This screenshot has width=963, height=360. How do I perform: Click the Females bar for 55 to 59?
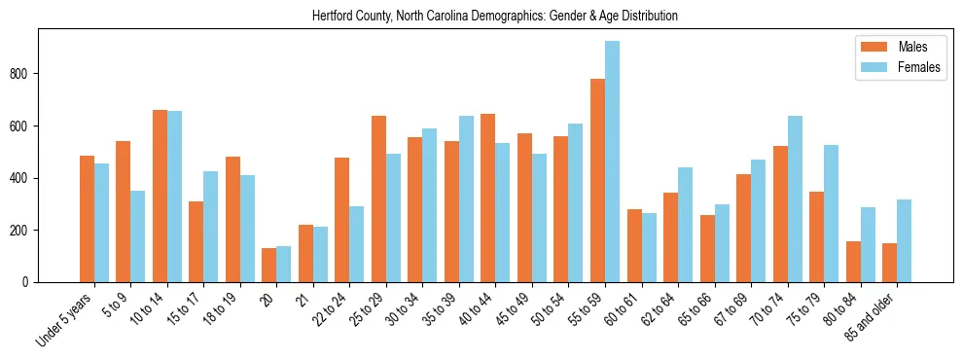tap(613, 162)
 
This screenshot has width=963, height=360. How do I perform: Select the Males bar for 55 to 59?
tap(597, 180)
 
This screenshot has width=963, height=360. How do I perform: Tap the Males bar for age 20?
tap(268, 265)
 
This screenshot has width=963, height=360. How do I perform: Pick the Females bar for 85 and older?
tap(904, 240)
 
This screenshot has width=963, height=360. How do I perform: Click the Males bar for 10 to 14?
tap(160, 196)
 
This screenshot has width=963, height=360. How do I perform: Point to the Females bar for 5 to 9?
tap(138, 236)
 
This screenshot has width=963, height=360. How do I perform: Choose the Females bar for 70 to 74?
tap(795, 198)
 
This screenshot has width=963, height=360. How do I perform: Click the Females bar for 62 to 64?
tap(685, 225)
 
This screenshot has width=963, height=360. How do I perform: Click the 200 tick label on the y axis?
tap(23, 231)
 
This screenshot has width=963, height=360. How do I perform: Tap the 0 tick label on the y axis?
tap(29, 282)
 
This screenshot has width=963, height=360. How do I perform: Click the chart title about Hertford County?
tap(495, 16)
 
